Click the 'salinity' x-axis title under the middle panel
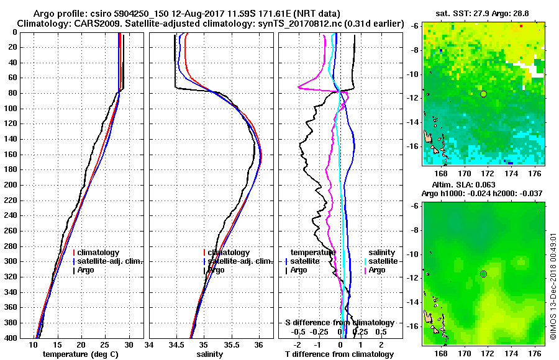pos(210,354)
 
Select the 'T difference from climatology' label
pos(336,354)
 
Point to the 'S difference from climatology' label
pos(339,323)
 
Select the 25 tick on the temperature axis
pos(105,344)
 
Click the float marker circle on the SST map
pos(483,94)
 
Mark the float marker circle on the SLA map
pos(483,274)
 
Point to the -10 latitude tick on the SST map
pos(414,74)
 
